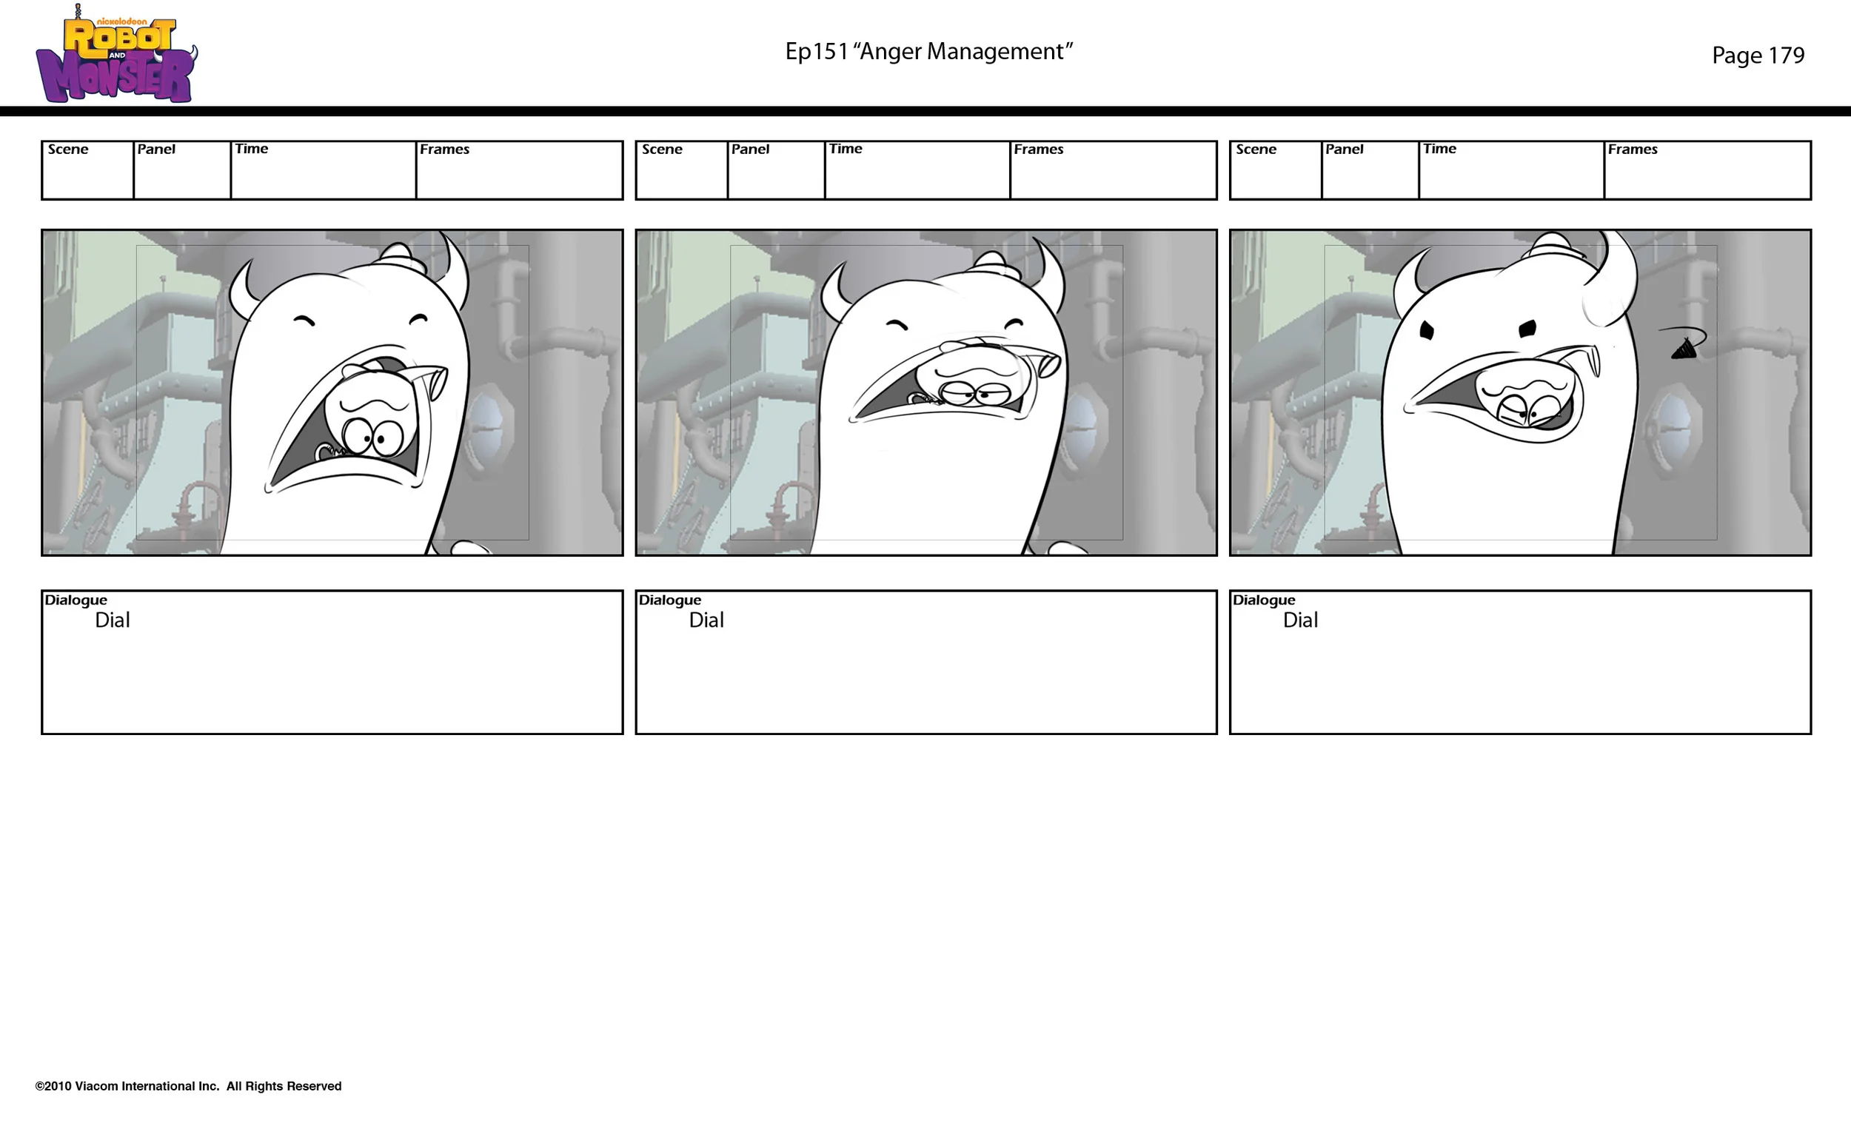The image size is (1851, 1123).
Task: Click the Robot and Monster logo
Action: point(116,54)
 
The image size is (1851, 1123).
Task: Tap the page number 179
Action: point(1786,55)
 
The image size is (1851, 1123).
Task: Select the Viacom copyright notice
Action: point(188,1085)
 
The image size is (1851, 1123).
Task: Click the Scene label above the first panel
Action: point(67,149)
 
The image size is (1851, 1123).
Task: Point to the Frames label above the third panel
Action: point(1633,149)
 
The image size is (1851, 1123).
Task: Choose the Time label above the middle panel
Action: point(845,149)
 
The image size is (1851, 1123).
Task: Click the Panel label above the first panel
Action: point(156,149)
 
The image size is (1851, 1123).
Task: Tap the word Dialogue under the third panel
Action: point(1264,600)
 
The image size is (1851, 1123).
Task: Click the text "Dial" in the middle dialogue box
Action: point(706,620)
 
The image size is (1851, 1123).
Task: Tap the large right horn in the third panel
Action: point(1615,282)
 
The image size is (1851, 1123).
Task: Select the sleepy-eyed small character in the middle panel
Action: point(974,375)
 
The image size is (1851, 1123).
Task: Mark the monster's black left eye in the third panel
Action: point(1427,330)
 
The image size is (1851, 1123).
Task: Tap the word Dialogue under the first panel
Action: point(76,600)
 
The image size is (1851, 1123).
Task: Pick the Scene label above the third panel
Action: point(1256,149)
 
